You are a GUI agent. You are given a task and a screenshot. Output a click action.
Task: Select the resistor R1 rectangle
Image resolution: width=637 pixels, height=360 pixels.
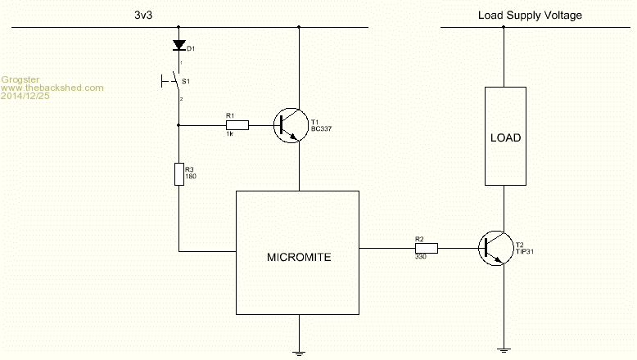pyautogui.click(x=232, y=125)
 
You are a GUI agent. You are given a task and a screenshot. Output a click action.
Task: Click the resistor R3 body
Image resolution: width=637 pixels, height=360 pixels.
pyautogui.click(x=178, y=174)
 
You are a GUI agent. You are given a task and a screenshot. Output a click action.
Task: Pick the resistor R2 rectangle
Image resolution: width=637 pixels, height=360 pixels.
pyautogui.click(x=426, y=247)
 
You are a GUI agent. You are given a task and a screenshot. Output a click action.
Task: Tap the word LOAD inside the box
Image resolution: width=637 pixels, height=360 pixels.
pyautogui.click(x=505, y=137)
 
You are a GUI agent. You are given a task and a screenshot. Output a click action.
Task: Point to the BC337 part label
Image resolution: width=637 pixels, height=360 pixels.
pyautogui.click(x=323, y=129)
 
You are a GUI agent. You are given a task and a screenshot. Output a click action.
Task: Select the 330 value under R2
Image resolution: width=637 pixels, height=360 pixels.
pyautogui.click(x=421, y=257)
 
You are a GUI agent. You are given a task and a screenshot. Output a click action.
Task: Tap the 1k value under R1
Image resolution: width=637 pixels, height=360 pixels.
pyautogui.click(x=230, y=134)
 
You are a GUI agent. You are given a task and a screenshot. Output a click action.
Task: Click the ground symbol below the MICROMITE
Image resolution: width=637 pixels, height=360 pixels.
pyautogui.click(x=300, y=349)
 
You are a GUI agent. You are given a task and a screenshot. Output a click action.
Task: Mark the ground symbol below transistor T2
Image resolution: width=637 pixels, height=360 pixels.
pyautogui.click(x=503, y=349)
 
